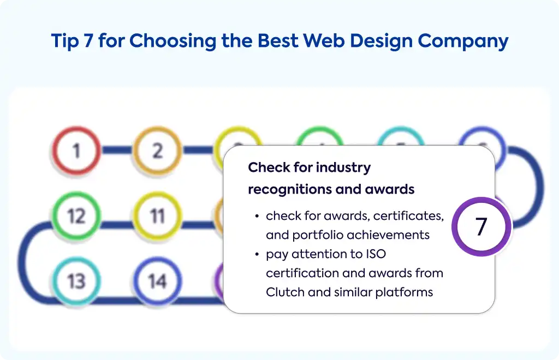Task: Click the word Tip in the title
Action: [64, 40]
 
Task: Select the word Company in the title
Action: [463, 41]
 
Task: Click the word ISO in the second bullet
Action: [376, 254]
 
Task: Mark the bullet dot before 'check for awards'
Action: [257, 216]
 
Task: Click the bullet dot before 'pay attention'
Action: [257, 254]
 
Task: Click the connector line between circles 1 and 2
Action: [117, 150]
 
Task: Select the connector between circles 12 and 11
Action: [117, 225]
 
